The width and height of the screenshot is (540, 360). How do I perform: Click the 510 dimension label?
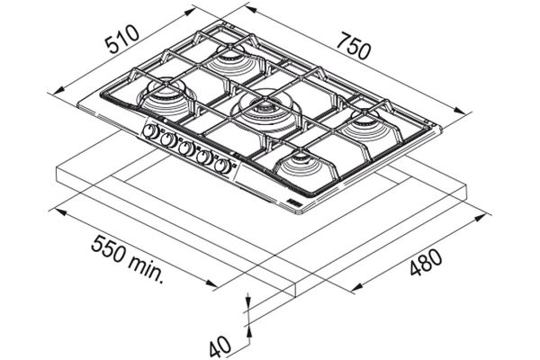[x=122, y=40]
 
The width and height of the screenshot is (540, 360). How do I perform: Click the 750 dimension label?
[x=354, y=46]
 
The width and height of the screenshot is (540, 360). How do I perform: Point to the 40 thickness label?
[x=220, y=346]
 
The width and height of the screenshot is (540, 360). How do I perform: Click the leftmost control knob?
[x=150, y=131]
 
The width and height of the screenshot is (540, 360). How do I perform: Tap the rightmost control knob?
[x=223, y=166]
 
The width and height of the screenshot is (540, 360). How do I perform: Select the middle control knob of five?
[x=186, y=148]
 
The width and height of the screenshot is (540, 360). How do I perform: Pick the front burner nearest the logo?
[x=302, y=165]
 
